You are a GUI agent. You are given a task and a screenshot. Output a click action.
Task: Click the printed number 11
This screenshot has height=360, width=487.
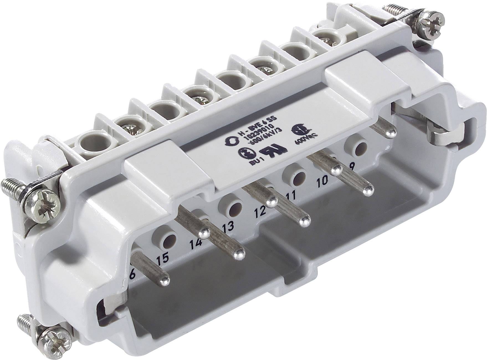pos(289,196)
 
